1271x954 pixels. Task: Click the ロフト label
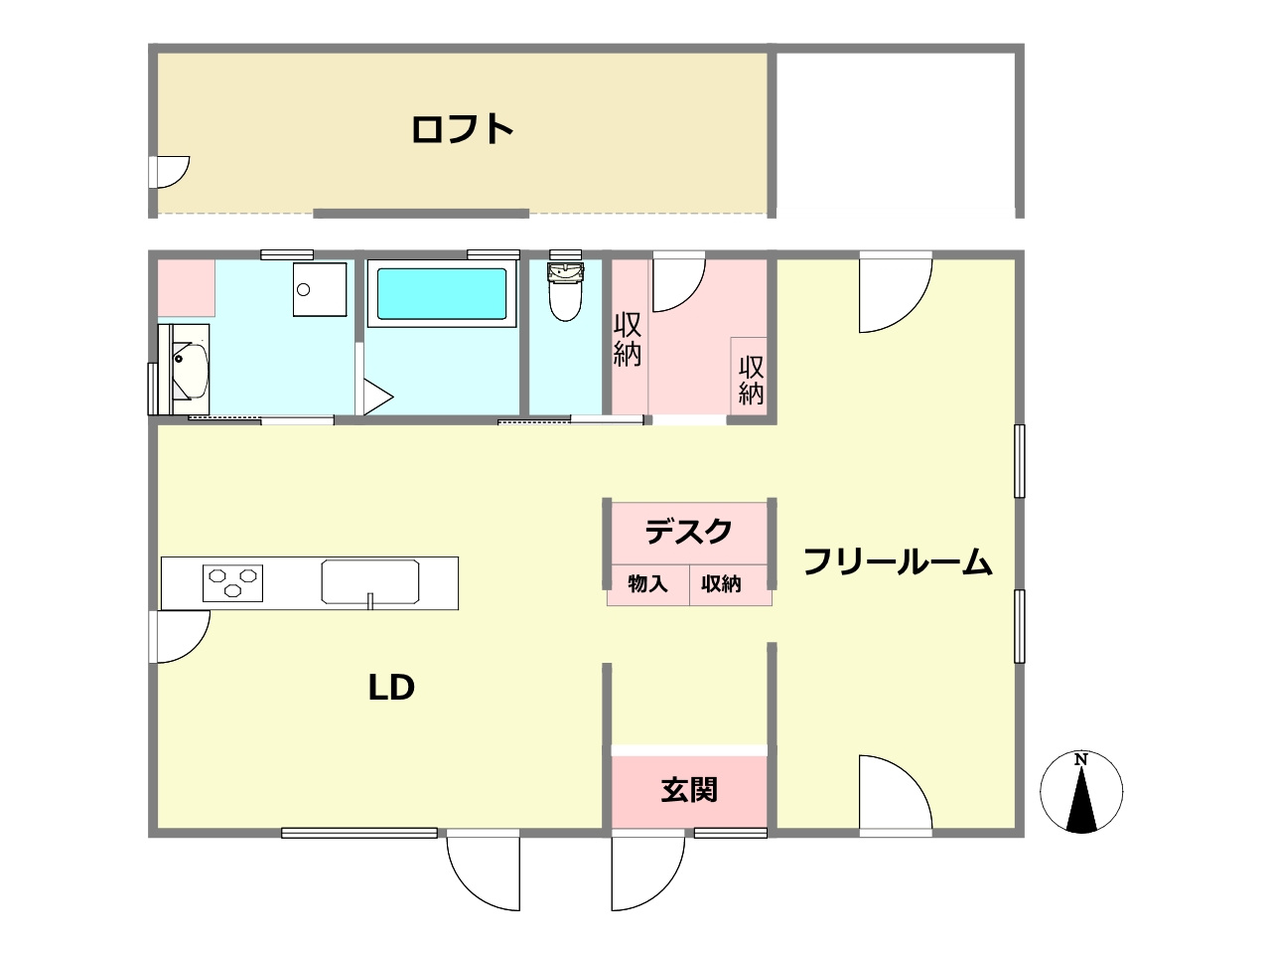point(463,129)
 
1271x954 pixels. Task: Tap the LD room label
point(390,688)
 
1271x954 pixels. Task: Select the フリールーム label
point(898,562)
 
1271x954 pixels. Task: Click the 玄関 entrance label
point(689,790)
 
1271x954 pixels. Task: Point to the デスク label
point(689,532)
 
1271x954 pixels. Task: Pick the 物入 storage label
point(647,584)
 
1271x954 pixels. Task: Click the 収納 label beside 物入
point(722,584)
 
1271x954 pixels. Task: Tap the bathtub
point(441,294)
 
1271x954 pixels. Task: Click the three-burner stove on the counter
point(232,581)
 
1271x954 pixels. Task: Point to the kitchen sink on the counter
point(370,582)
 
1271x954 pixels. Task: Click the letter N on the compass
point(1081,761)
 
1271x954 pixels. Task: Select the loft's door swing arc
point(171,171)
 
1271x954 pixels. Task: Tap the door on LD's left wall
point(179,636)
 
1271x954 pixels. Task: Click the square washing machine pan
point(320,289)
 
